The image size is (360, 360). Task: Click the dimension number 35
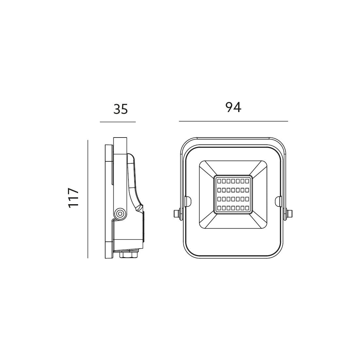click(x=121, y=109)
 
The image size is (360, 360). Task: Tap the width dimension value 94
click(x=233, y=107)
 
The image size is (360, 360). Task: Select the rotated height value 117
click(x=74, y=198)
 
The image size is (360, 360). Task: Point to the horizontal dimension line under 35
click(x=118, y=122)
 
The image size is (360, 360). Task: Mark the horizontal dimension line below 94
click(x=234, y=121)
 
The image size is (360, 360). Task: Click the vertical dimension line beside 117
click(x=88, y=199)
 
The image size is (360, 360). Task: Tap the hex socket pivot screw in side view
click(x=120, y=214)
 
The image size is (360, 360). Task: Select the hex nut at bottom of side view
click(x=129, y=255)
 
